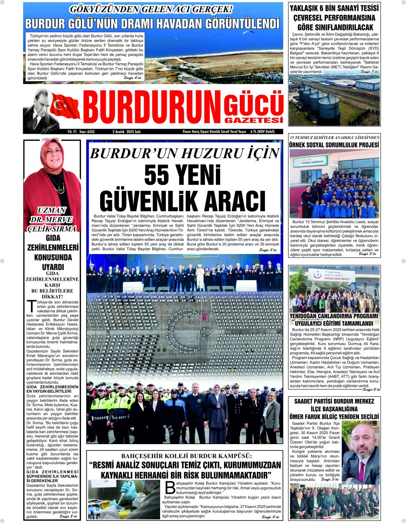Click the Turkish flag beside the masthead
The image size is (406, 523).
[x=65, y=106]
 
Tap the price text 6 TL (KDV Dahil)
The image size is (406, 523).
[x=268, y=131]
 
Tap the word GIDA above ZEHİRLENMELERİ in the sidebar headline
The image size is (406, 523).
[x=53, y=238]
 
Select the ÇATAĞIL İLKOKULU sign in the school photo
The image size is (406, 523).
[x=310, y=161]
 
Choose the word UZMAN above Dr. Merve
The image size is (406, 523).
[x=53, y=210]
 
